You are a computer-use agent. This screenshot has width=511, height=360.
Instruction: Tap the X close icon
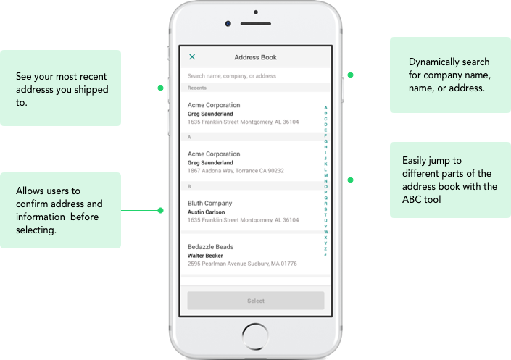coord(192,57)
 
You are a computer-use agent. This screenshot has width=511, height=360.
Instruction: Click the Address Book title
coord(255,57)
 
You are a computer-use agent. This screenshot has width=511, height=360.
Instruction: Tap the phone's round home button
coord(255,336)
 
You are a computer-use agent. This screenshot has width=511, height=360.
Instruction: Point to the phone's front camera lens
coord(228,23)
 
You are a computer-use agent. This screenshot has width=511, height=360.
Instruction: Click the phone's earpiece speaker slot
coord(256,24)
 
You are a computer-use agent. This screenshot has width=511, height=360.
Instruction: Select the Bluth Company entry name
coord(209,204)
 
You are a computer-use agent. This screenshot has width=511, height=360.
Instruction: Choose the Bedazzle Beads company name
coord(210,246)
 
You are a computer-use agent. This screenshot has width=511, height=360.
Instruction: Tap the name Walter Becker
coord(205,256)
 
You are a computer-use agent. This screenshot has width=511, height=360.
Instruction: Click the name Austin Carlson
coord(206,212)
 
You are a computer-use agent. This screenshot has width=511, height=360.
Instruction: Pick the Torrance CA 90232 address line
coord(236,171)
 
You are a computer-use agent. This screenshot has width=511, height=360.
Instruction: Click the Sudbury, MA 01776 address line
coord(242,264)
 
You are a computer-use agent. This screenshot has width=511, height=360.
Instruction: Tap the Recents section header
coord(197,88)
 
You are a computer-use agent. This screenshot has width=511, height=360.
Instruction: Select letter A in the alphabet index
coord(325,107)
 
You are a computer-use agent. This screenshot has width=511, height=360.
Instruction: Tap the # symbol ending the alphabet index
coord(325,254)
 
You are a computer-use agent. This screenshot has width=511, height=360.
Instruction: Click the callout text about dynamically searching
coord(449,75)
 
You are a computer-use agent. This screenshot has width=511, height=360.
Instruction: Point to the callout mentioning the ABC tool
coord(449,180)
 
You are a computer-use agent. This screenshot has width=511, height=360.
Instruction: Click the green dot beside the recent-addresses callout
coord(160,88)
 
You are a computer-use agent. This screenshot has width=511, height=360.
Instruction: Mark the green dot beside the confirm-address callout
coord(160,211)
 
